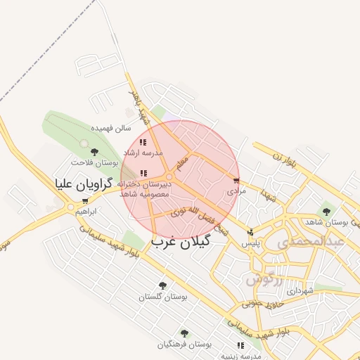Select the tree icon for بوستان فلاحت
pyautogui.click(x=94, y=152)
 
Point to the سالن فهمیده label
pyautogui.click(x=112, y=129)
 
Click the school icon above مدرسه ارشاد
pyautogui.click(x=143, y=142)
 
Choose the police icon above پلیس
pyautogui.click(x=251, y=232)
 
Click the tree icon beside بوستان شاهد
pyautogui.click(x=326, y=211)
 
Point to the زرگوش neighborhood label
pyautogui.click(x=264, y=279)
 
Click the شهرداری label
pyautogui.click(x=293, y=290)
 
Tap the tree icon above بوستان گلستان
pyautogui.click(x=162, y=286)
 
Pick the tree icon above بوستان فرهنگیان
pyautogui.click(x=184, y=333)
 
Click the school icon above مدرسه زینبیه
pyautogui.click(x=241, y=345)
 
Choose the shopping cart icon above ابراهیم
pyautogui.click(x=86, y=201)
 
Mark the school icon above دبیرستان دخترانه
pyautogui.click(x=143, y=173)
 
